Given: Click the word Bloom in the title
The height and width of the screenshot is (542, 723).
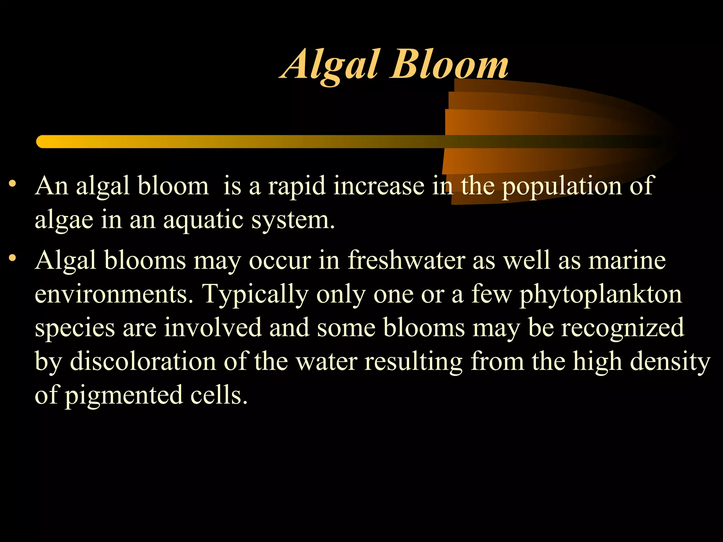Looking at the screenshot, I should click(449, 65).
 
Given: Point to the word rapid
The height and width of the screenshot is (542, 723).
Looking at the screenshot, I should click(297, 186).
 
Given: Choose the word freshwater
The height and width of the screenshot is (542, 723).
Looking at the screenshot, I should click(406, 260).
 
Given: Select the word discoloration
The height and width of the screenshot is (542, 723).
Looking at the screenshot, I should click(143, 361).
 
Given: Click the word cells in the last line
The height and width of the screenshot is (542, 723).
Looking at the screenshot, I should click(219, 395).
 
